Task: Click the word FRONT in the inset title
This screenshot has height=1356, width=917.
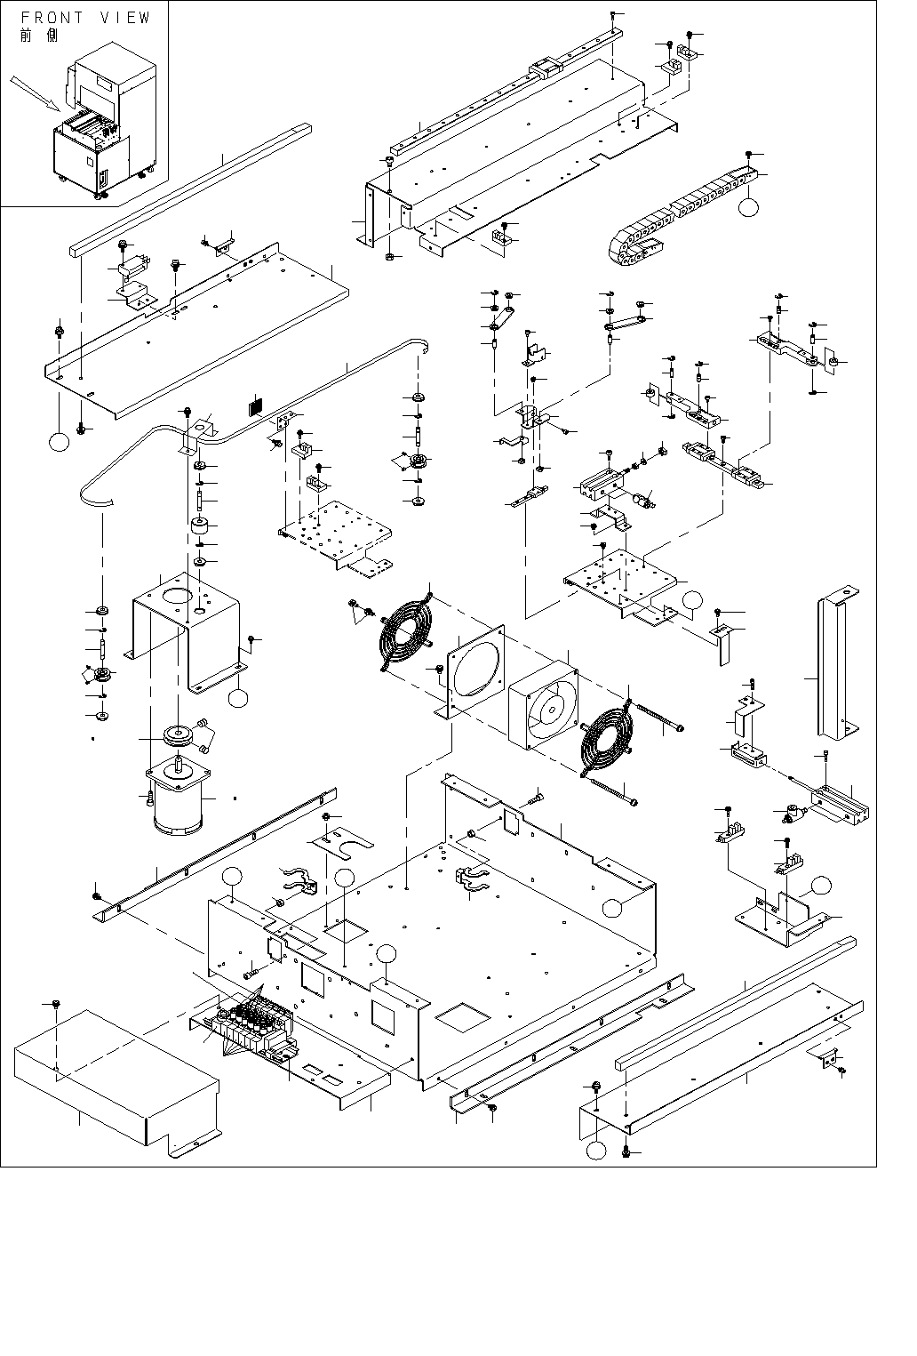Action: pyautogui.click(x=52, y=18)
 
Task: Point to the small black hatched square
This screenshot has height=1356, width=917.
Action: pyautogui.click(x=256, y=405)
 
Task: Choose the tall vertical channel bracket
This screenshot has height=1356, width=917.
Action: pyautogui.click(x=835, y=667)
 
